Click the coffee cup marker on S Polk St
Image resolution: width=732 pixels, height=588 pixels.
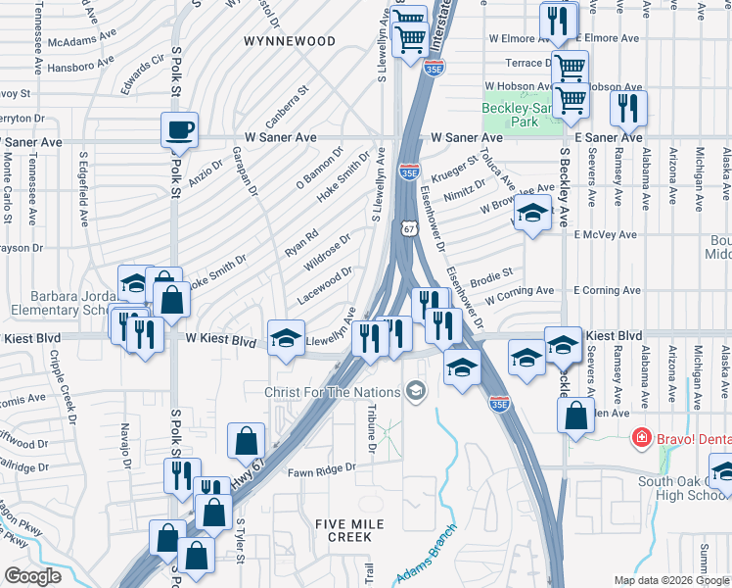pos(179,129)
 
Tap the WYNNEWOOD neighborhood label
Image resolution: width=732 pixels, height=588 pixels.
pos(290,41)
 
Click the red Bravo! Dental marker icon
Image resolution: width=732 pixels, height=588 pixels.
pos(642,435)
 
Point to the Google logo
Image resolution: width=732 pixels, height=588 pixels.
pos(32,575)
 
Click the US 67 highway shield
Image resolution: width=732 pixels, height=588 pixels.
pos(406,227)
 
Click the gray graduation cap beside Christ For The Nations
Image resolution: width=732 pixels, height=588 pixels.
pos(418,392)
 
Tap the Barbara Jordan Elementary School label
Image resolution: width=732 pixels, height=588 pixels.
pos(59,303)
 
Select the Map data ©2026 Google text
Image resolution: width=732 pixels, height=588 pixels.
pos(671,580)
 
